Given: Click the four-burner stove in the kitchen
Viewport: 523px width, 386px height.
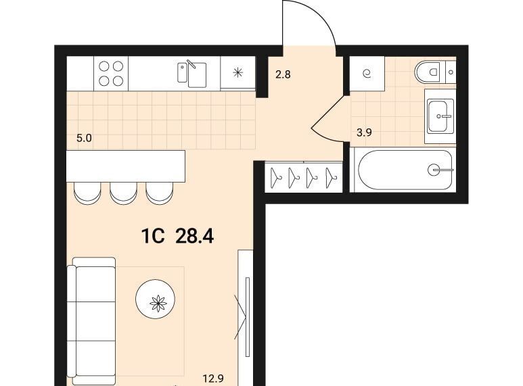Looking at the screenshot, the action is point(111,73).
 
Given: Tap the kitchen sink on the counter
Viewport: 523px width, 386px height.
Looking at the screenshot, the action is point(191,74).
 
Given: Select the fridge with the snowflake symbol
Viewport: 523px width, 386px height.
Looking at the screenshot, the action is point(237,72).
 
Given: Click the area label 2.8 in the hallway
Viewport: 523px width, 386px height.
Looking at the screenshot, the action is point(283,74).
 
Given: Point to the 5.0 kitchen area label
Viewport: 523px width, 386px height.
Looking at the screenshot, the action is point(84,138).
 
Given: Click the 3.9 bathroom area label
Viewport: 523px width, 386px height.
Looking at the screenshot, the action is point(364,132).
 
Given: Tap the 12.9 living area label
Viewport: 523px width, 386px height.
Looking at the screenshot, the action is point(213,379).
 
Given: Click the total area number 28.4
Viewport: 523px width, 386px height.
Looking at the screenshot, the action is point(194,237).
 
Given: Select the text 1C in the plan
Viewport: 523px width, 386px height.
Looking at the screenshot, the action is point(153,237).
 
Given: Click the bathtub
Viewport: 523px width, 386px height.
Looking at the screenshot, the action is point(405,170).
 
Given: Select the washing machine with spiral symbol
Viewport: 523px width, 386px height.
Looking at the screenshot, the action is point(367,73).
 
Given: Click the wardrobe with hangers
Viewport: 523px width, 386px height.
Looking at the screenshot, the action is point(304,177).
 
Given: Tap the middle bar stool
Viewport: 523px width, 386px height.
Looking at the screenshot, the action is point(123,193).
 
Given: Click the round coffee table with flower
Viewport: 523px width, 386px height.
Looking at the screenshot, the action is point(156,299).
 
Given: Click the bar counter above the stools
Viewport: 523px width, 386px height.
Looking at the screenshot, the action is point(126,166).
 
